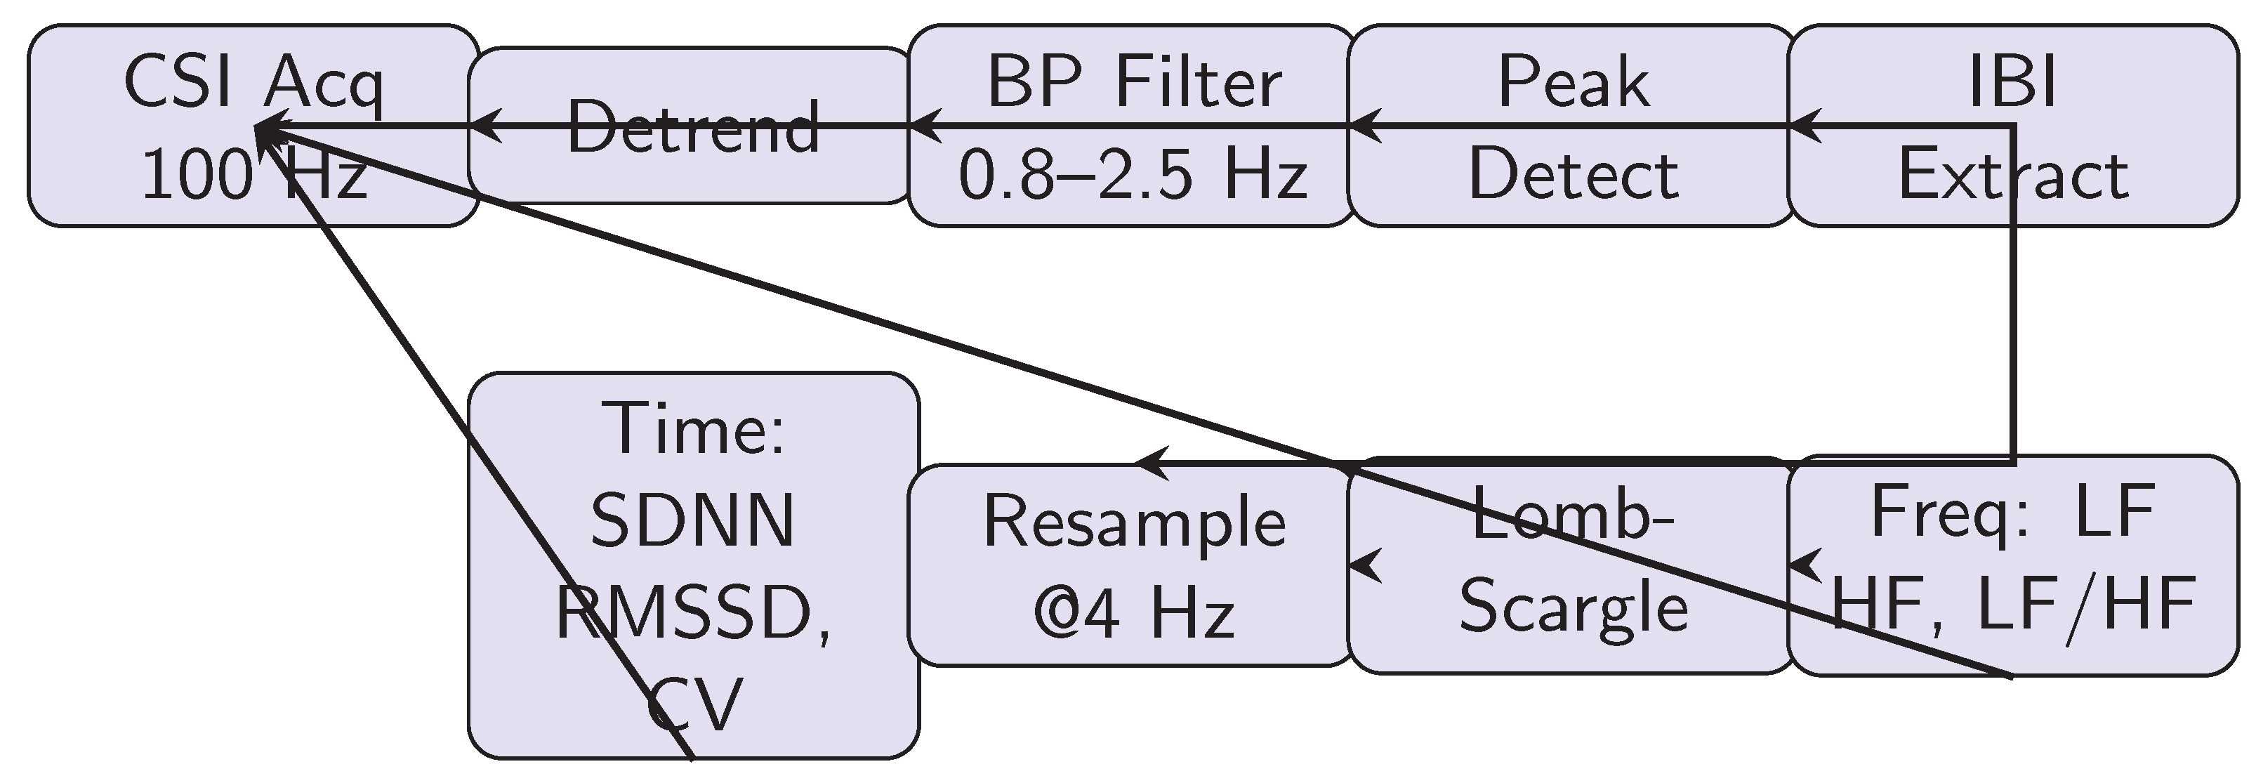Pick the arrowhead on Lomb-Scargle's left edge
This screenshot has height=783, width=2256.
click(x=1364, y=565)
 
